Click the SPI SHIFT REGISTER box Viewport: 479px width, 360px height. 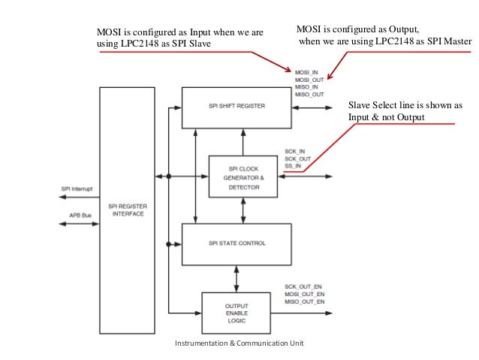point(236,106)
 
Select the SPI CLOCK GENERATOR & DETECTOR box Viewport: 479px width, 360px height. point(242,177)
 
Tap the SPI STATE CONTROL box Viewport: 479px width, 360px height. point(236,244)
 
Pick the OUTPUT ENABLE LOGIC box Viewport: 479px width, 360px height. point(236,313)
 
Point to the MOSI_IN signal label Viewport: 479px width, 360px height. point(306,72)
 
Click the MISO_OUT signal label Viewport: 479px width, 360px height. point(309,95)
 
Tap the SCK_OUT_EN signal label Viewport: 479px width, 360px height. point(304,286)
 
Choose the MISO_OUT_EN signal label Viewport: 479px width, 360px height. point(305,301)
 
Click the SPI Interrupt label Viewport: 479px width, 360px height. point(76,188)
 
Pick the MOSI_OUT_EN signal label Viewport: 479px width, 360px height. point(305,294)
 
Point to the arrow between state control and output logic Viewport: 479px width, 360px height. point(237,278)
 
